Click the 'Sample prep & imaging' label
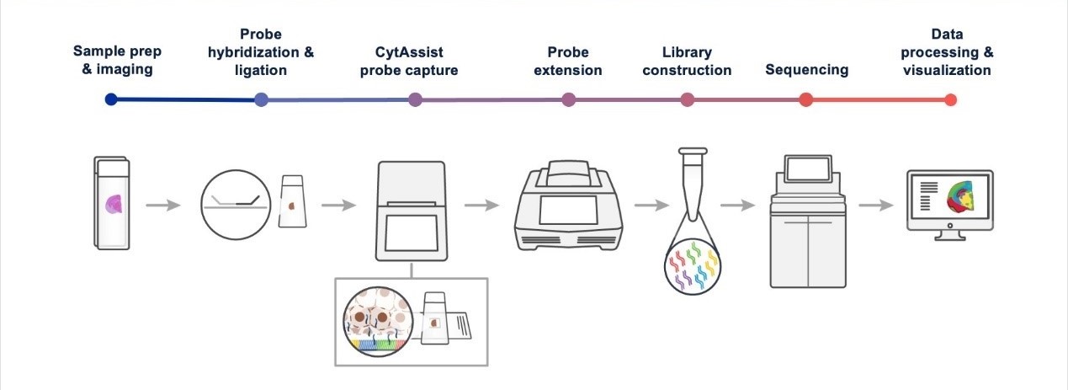pyautogui.click(x=117, y=60)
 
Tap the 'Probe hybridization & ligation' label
pyautogui.click(x=261, y=52)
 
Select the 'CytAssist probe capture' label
pyautogui.click(x=409, y=61)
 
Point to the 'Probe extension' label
pyautogui.click(x=569, y=61)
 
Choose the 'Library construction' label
pyautogui.click(x=687, y=61)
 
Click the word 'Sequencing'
pyautogui.click(x=806, y=69)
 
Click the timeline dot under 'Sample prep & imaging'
pyautogui.click(x=111, y=99)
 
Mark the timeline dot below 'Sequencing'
pyautogui.click(x=805, y=99)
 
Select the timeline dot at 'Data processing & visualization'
pyautogui.click(x=950, y=99)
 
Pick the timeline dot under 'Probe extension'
pyautogui.click(x=569, y=99)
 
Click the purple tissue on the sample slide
pyautogui.click(x=114, y=204)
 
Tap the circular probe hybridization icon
pyautogui.click(x=235, y=204)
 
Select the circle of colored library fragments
pyautogui.click(x=691, y=265)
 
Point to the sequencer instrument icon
pyautogui.click(x=808, y=221)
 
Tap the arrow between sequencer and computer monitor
pyautogui.click(x=874, y=205)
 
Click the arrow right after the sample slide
pyautogui.click(x=162, y=205)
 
